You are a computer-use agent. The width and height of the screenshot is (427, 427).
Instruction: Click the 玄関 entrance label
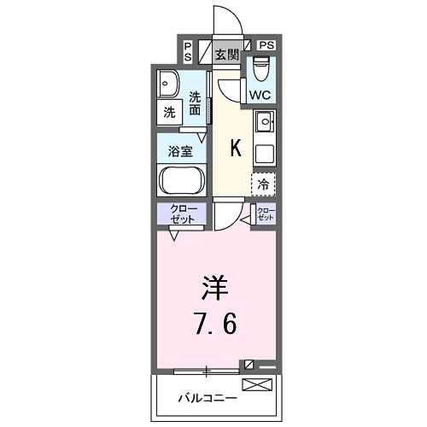coord(226,55)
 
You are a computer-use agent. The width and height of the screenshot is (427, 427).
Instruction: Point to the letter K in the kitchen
coord(237,149)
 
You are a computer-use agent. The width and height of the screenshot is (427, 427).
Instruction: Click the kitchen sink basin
coord(263,123)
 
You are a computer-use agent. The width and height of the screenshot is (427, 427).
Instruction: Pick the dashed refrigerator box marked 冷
coord(263,183)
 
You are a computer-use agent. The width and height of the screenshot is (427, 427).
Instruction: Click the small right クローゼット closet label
coord(266,213)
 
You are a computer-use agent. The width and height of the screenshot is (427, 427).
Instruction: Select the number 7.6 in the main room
coord(214,324)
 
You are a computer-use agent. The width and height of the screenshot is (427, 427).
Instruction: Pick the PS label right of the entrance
coord(266,44)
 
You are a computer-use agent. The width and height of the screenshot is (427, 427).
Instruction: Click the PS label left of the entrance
coord(187,50)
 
